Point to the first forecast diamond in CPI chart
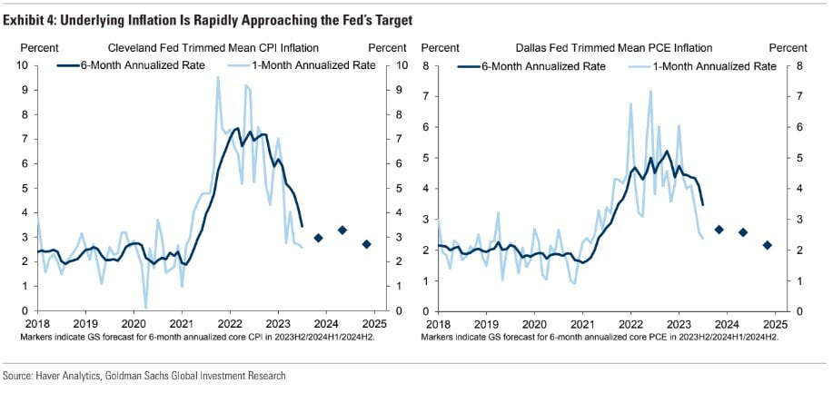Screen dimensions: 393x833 click(318, 238)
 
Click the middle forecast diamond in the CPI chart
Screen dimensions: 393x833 click(342, 231)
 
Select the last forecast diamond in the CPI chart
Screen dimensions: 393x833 click(366, 244)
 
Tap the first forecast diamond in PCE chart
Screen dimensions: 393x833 click(719, 230)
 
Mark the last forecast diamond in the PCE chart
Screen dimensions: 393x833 click(767, 245)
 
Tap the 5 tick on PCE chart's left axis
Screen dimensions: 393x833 click(429, 158)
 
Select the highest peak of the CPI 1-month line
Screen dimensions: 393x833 click(218, 77)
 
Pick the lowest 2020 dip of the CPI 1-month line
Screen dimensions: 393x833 click(146, 308)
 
